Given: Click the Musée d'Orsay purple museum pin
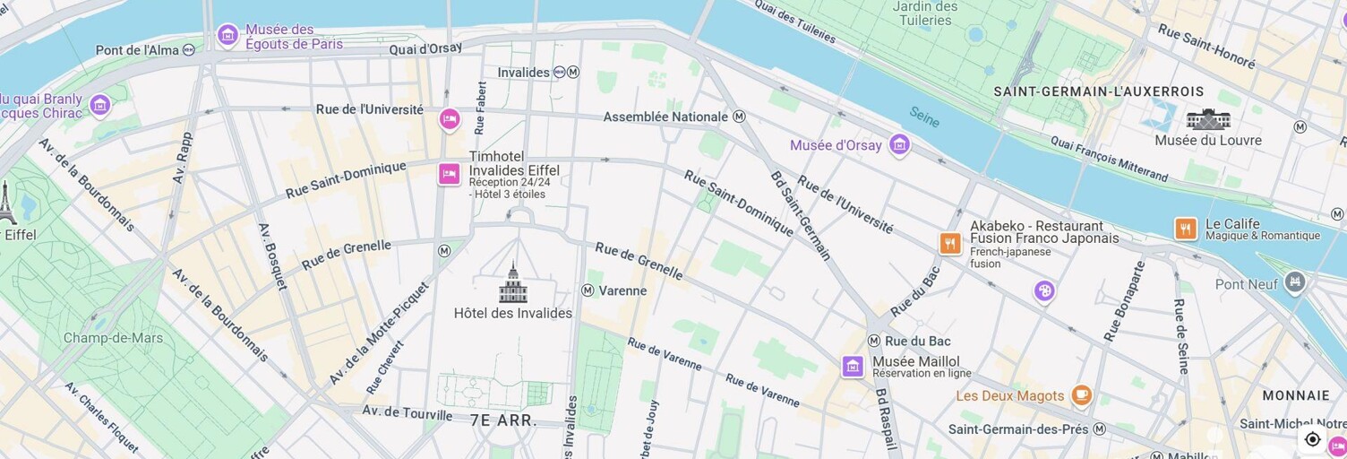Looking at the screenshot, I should (x=899, y=144).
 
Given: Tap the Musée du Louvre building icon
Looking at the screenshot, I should (x=1208, y=119).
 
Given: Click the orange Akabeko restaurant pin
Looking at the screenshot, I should (x=950, y=243).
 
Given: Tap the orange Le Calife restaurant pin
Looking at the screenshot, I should (x=1186, y=229).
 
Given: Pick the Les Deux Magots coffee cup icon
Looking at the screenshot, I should (x=1082, y=394).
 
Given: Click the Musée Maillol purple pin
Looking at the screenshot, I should (x=853, y=366).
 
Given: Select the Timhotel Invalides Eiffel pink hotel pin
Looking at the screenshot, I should (x=450, y=173).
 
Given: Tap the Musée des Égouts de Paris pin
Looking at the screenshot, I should (x=228, y=35).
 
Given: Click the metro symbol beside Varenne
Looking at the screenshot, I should (x=588, y=290).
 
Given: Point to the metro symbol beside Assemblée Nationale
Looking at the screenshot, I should (x=739, y=117).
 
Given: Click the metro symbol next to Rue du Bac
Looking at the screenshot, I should (x=874, y=341).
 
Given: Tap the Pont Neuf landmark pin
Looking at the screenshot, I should (x=1294, y=283).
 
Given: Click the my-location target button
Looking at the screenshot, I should (x=1312, y=438).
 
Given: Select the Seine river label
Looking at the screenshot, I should (x=924, y=117).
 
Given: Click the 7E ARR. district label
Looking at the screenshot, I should (x=503, y=420).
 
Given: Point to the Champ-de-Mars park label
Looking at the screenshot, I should (x=113, y=338).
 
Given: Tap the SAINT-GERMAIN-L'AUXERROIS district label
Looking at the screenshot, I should (x=1098, y=91).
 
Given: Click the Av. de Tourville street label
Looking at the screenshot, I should (x=407, y=413).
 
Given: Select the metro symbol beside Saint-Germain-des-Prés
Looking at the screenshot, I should (x=1099, y=429).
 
